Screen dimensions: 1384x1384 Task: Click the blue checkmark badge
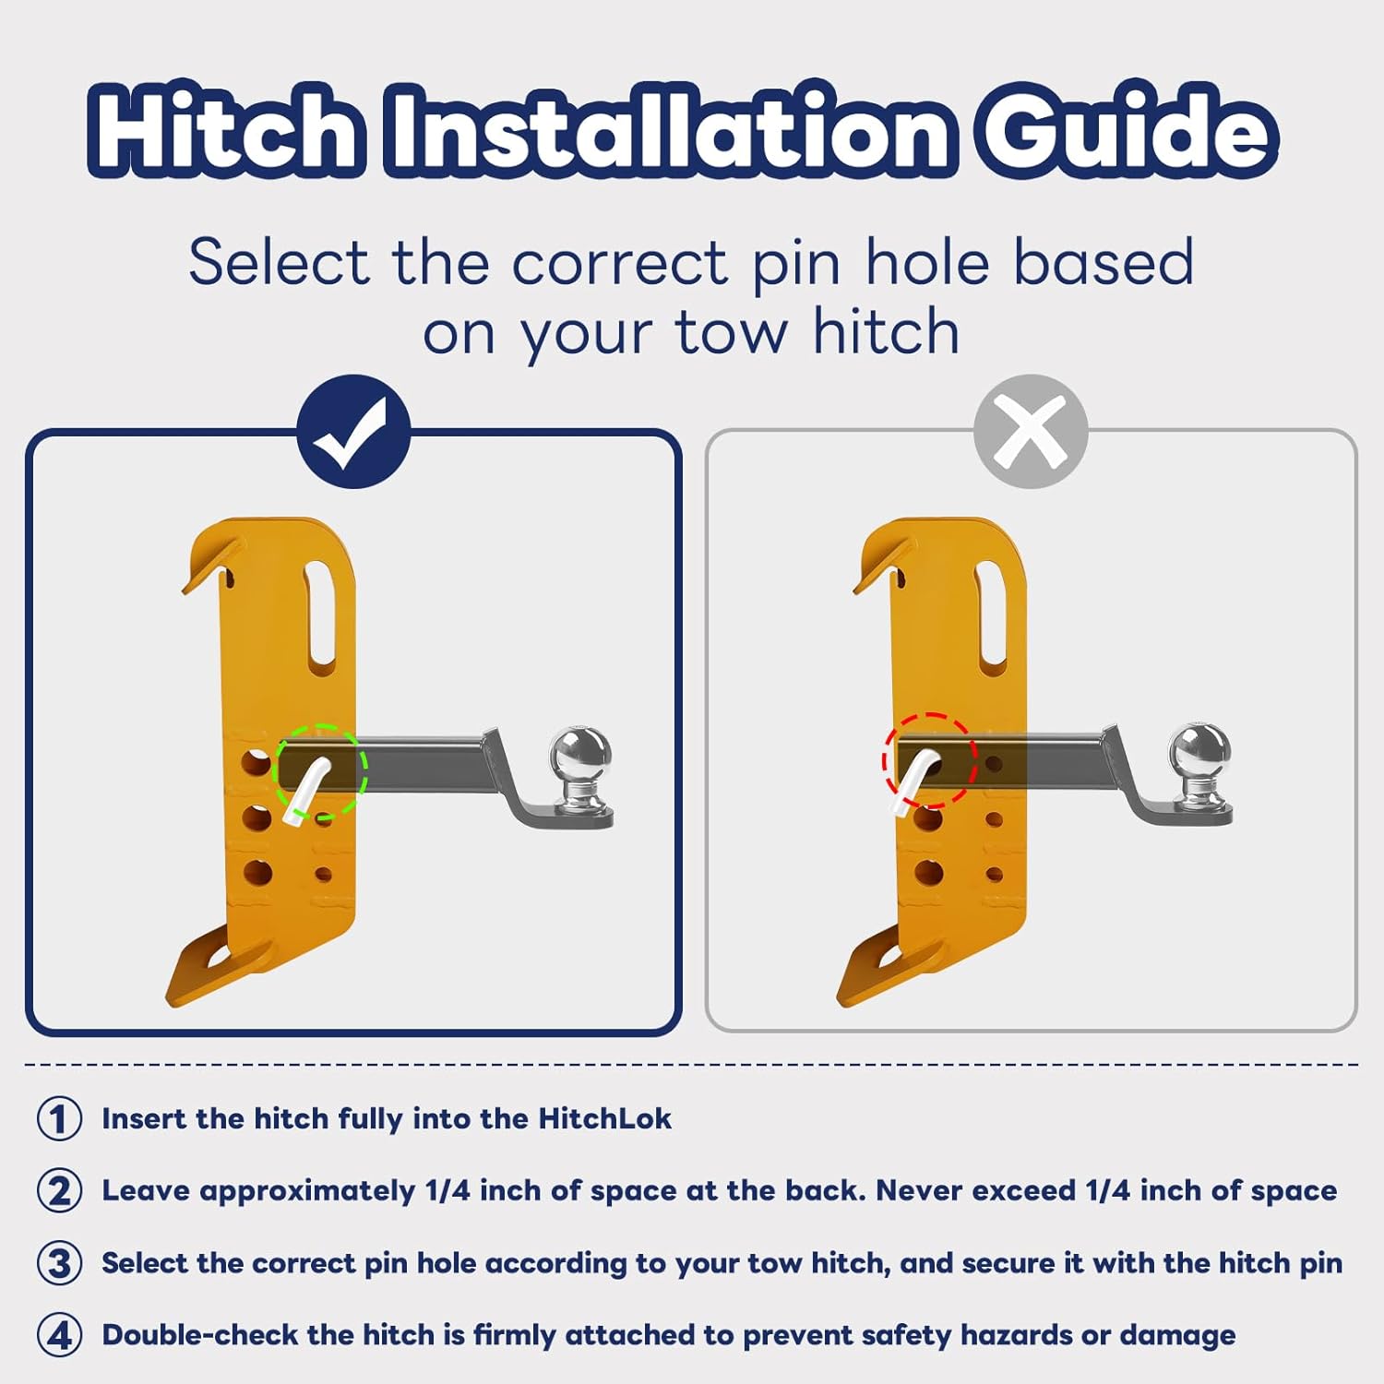coord(353,431)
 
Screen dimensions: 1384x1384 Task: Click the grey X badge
coord(1031,431)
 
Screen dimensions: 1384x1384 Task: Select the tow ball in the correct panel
coord(580,761)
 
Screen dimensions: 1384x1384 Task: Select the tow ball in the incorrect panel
coord(1199,760)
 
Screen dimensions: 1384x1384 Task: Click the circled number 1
coord(59,1118)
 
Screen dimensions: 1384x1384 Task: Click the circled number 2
coord(59,1190)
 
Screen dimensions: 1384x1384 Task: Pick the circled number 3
coord(59,1262)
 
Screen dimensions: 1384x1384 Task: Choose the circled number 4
coord(59,1334)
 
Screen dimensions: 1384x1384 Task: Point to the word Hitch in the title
coord(226,130)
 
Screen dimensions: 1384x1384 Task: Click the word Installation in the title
coord(671,130)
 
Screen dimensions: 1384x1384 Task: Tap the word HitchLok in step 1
coord(605,1118)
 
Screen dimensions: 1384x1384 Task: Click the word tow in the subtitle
coord(731,332)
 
